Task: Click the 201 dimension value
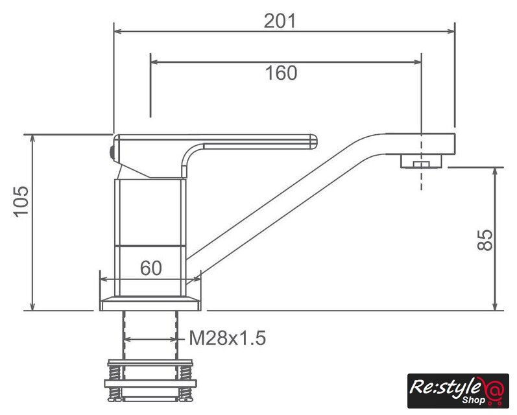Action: [280, 21]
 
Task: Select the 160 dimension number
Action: [282, 73]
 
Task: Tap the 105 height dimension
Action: [21, 202]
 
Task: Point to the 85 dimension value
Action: [485, 240]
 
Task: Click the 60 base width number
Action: [151, 268]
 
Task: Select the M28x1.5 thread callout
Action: [227, 338]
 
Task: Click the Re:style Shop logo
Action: [458, 391]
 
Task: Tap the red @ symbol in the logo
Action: [494, 389]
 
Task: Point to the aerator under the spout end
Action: [421, 161]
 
